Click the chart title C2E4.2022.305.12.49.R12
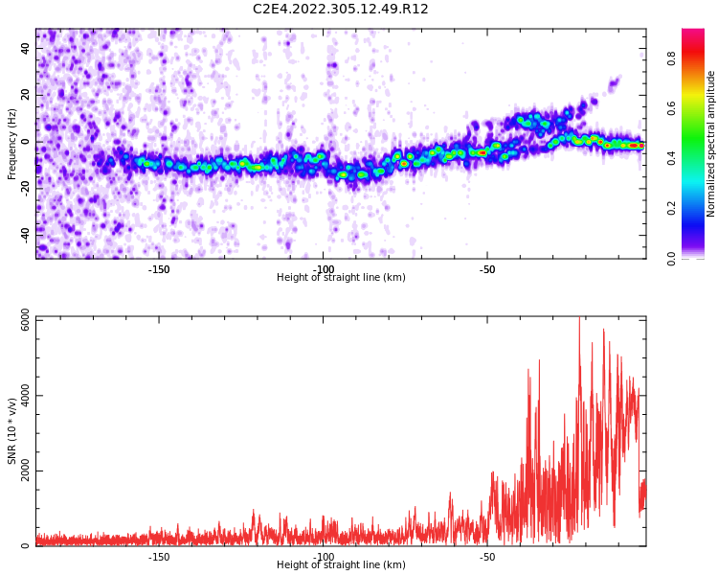pyautogui.click(x=341, y=10)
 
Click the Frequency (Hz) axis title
pyautogui.click(x=12, y=143)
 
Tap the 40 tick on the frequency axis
pyautogui.click(x=27, y=50)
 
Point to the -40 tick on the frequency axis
pyautogui.click(x=25, y=232)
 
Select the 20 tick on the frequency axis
pyautogui.click(x=27, y=96)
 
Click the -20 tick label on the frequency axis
pyautogui.click(x=25, y=187)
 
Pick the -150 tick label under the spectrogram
pyautogui.click(x=159, y=269)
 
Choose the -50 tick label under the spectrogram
pyautogui.click(x=486, y=269)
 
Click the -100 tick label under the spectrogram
pyautogui.click(x=324, y=269)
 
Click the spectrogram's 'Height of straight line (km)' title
pyautogui.click(x=341, y=278)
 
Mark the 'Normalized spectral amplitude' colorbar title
pyautogui.click(x=711, y=143)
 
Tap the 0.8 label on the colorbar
pyautogui.click(x=699, y=58)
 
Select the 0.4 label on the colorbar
pyautogui.click(x=699, y=158)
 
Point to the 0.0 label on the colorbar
pyautogui.click(x=699, y=258)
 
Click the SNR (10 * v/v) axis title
pyautogui.click(x=12, y=430)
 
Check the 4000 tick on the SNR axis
pyautogui.click(x=19, y=397)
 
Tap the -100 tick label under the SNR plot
pyautogui.click(x=324, y=557)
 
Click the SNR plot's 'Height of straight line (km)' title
pyautogui.click(x=341, y=565)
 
